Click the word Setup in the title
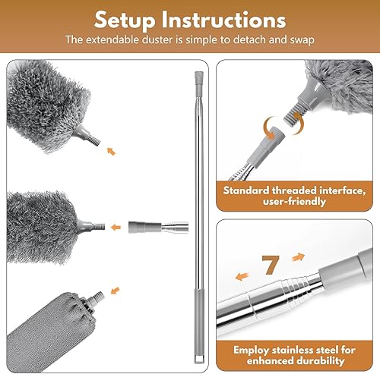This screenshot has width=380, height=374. (x=125, y=20)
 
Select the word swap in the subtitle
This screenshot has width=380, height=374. (x=302, y=40)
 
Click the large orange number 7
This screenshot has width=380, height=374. (x=271, y=265)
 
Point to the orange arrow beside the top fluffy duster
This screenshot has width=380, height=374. (x=111, y=151)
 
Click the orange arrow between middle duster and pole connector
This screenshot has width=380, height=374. (x=116, y=228)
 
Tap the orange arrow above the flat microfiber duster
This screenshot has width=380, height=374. (x=115, y=291)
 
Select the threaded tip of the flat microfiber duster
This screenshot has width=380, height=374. (x=98, y=296)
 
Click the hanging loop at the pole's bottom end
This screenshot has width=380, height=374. (x=199, y=359)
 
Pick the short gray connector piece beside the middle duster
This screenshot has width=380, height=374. (x=144, y=227)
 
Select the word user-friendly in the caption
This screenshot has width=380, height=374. (x=294, y=202)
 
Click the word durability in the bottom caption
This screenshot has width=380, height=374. (x=320, y=361)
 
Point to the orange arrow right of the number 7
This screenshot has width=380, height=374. (x=298, y=257)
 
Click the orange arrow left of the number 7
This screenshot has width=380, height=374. (x=242, y=276)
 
